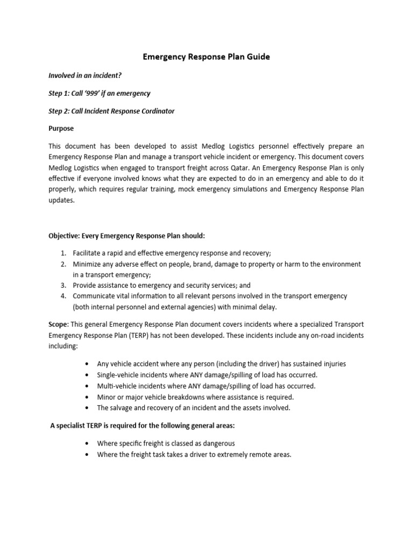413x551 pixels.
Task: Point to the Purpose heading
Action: pyautogui.click(x=61, y=129)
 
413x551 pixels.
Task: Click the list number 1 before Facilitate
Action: pyautogui.click(x=63, y=253)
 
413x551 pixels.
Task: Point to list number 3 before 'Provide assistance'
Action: pyautogui.click(x=63, y=285)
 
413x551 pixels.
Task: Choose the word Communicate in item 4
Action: pyautogui.click(x=94, y=296)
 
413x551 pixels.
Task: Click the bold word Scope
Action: pyautogui.click(x=58, y=324)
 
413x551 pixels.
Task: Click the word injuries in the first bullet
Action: pyautogui.click(x=333, y=364)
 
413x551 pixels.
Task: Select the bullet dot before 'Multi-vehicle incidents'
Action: pyautogui.click(x=87, y=386)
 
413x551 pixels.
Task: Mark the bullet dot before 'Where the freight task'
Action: pyautogui.click(x=87, y=455)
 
